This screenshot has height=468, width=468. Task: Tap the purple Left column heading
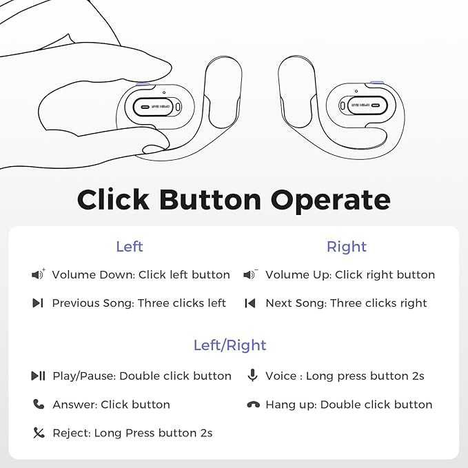130,247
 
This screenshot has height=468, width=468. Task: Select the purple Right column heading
347,247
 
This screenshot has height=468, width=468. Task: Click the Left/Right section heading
230,345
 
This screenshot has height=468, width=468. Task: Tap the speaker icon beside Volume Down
38,275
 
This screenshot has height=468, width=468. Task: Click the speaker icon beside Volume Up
251,275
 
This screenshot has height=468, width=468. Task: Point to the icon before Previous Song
38,303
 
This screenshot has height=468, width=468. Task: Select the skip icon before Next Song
251,303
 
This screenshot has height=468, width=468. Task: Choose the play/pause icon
38,376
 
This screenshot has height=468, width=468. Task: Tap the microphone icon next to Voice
252,376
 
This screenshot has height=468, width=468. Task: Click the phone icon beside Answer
38,405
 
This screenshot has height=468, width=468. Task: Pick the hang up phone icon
252,405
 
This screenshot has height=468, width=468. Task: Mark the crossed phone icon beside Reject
38,433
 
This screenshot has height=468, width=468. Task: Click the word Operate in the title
330,200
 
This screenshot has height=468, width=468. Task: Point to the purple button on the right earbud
377,83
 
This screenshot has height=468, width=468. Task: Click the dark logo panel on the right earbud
362,106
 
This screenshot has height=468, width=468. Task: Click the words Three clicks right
378,303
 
